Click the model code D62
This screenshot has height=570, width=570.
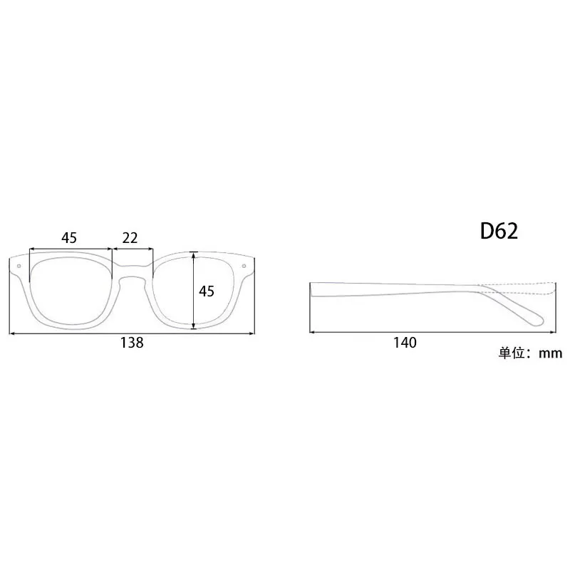499,231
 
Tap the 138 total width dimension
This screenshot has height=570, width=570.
132,343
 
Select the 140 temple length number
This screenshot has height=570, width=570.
405,343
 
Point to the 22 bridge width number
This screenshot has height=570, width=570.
130,238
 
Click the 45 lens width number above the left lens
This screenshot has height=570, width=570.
69,238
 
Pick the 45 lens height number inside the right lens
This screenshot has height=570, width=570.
207,291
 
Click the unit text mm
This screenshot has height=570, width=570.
550,353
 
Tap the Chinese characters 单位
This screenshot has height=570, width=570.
511,353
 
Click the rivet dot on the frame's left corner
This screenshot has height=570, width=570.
19,266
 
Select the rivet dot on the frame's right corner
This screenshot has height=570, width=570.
244,266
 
